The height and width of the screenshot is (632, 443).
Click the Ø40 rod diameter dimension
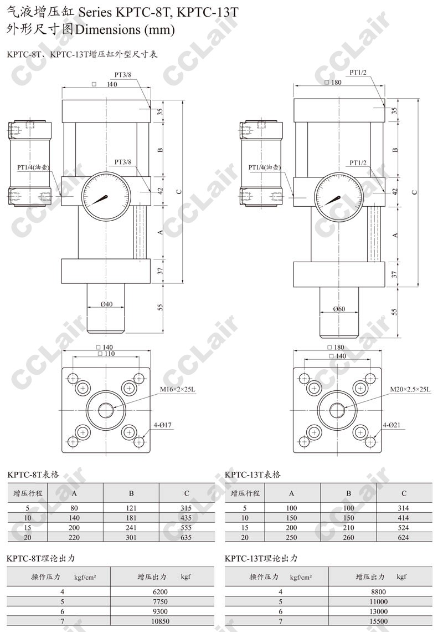(x=106, y=304)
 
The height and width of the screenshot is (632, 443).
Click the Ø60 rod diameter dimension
(x=339, y=309)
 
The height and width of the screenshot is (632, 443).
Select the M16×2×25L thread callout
(x=178, y=389)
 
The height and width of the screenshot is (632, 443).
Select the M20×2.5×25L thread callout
(x=410, y=389)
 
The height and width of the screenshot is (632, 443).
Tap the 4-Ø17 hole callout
(x=163, y=425)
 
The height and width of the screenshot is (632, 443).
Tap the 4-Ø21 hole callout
(x=392, y=425)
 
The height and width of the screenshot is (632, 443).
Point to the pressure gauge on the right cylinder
(x=339, y=198)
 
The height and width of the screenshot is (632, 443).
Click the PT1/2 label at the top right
(x=358, y=73)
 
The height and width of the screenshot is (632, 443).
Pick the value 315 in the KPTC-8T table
(x=186, y=508)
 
